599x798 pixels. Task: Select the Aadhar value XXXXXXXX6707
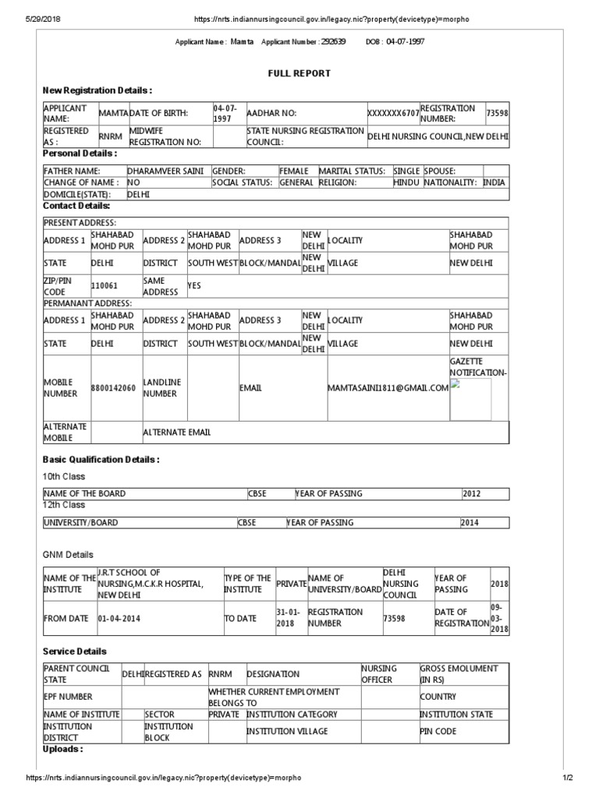click(392, 114)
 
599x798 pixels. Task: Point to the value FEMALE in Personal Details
click(294, 171)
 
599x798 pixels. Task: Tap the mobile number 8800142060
click(114, 388)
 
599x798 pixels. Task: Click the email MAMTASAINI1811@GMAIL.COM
click(388, 388)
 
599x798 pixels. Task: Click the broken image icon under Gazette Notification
click(456, 384)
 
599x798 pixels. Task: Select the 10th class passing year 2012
click(473, 493)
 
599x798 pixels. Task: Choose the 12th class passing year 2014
click(471, 523)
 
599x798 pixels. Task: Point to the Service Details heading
click(74, 651)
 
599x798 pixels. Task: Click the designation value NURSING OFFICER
click(378, 674)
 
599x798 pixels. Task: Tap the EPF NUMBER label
click(69, 697)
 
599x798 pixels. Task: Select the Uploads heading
click(62, 749)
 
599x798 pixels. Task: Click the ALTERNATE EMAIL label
click(176, 433)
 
